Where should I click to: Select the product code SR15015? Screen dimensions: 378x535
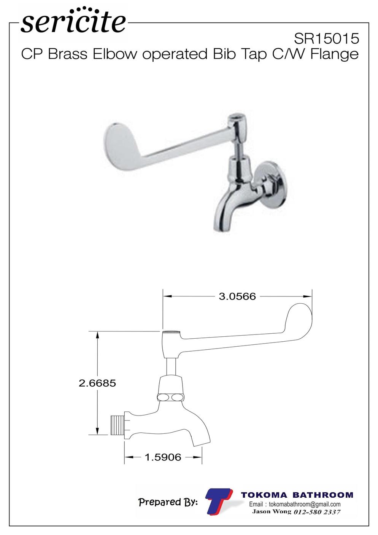click(326, 38)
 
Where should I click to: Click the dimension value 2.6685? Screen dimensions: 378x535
click(97, 383)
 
